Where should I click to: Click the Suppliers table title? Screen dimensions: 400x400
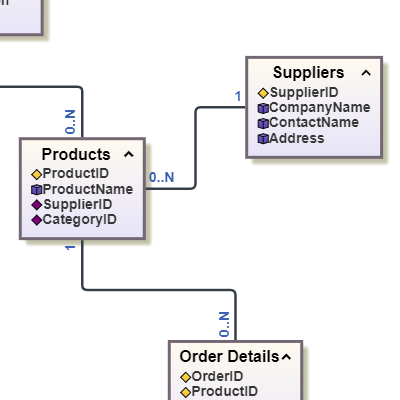308,73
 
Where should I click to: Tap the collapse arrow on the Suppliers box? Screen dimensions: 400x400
366,73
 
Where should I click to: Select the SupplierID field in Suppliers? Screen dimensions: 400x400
304,92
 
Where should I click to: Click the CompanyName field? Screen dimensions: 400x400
320,107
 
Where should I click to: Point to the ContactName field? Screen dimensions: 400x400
314,122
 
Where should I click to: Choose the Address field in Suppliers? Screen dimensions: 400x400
297,138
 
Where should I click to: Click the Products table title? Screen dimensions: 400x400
76,154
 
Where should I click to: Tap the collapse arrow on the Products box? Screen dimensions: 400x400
129,154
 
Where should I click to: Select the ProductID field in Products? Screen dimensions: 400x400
76,173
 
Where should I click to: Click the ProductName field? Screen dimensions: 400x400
88,189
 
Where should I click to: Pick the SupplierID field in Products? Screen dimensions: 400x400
78,204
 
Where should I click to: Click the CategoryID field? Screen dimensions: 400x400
80,220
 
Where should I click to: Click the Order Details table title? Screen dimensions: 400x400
229,357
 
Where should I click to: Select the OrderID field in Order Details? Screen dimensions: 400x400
217,376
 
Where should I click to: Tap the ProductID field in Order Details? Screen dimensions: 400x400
224,391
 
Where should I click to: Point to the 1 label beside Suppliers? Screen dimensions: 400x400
238,97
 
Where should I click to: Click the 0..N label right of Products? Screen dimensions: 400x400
162,177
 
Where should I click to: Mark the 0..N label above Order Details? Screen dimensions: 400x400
224,324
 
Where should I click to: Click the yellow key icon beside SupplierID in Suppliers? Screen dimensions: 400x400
263,93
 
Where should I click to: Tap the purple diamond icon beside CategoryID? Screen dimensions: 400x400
37,220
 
